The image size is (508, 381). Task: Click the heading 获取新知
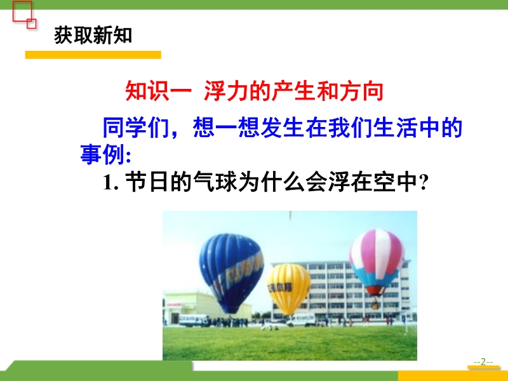[93, 35]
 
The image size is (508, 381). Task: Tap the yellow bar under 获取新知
[93, 55]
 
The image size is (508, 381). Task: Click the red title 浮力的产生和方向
[294, 91]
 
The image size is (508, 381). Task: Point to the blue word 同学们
[136, 128]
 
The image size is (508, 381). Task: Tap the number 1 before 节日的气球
[108, 182]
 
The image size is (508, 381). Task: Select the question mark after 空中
[424, 183]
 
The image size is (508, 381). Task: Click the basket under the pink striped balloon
[375, 305]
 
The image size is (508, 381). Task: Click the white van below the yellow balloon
[300, 320]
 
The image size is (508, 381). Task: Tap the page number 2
[483, 361]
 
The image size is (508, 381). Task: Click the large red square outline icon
[22, 11]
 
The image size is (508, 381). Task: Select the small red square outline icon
[31, 23]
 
